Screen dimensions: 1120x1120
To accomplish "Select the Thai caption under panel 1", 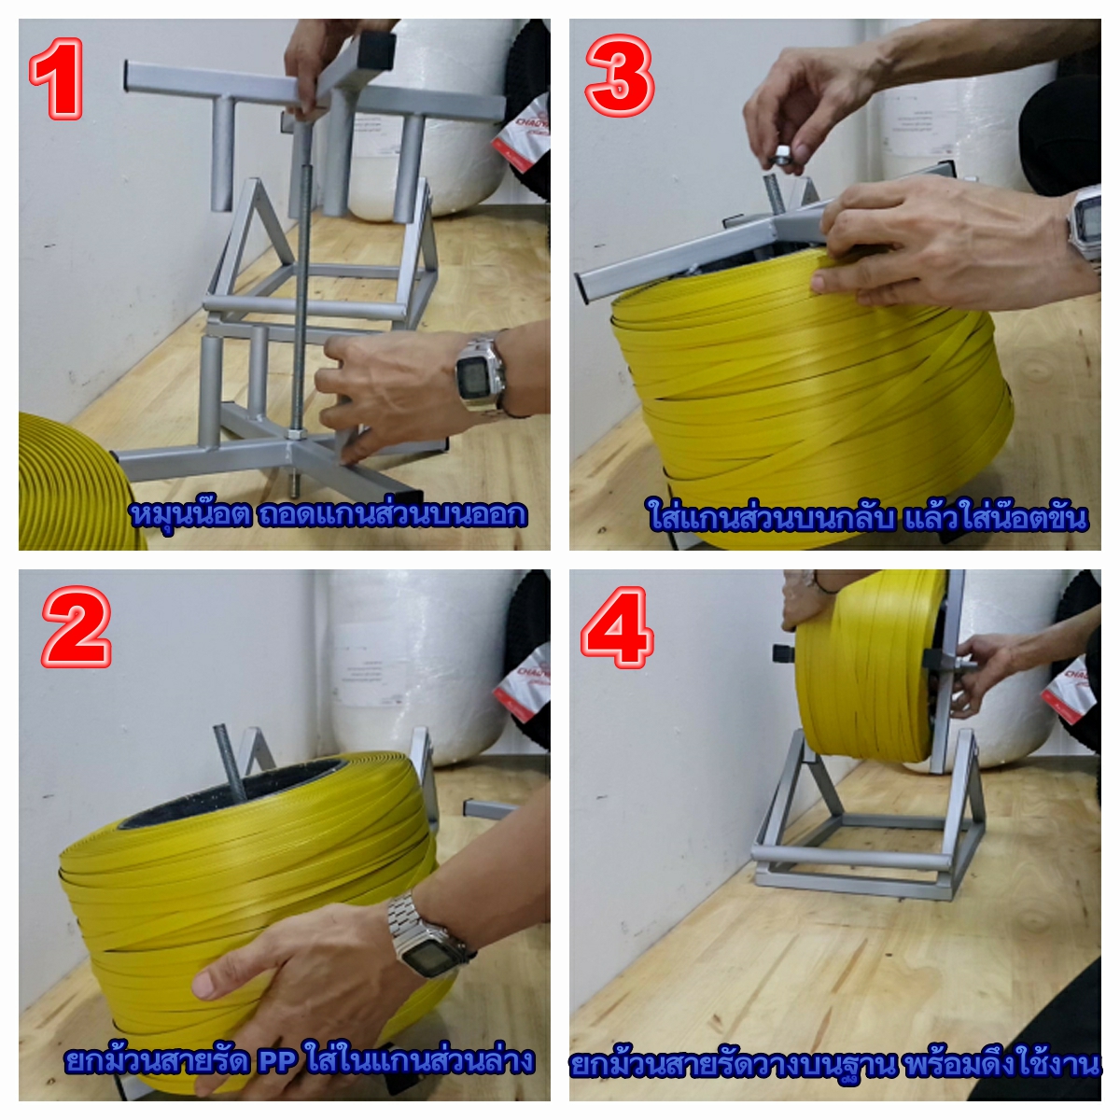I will pyautogui.click(x=329, y=514).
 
